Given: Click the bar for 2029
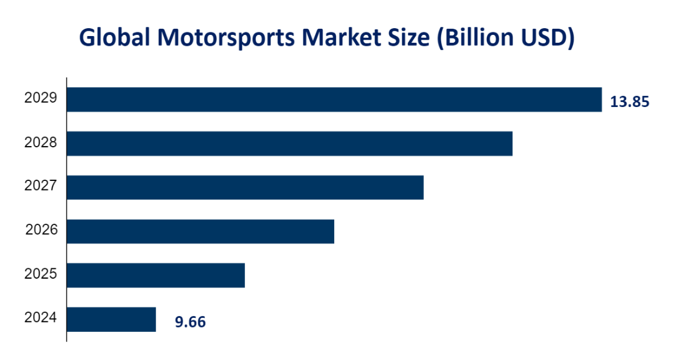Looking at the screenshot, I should click(x=334, y=100).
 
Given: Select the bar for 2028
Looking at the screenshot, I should click(x=290, y=143).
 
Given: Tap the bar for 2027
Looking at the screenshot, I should click(x=245, y=187).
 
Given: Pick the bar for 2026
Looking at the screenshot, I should click(x=200, y=231).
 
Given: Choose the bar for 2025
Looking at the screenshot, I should click(x=156, y=275).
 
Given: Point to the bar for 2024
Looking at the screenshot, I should click(x=111, y=319).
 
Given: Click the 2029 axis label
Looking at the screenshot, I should click(x=41, y=98).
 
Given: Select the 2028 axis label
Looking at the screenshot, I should click(x=41, y=142).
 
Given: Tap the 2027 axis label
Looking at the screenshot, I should click(x=41, y=186).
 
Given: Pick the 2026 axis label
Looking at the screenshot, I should click(x=41, y=230).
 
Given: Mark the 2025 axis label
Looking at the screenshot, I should click(x=41, y=274).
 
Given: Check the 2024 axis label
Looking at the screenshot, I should click(x=41, y=318).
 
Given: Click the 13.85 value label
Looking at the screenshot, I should click(x=629, y=102).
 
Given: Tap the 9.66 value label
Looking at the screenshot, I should click(x=191, y=321).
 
